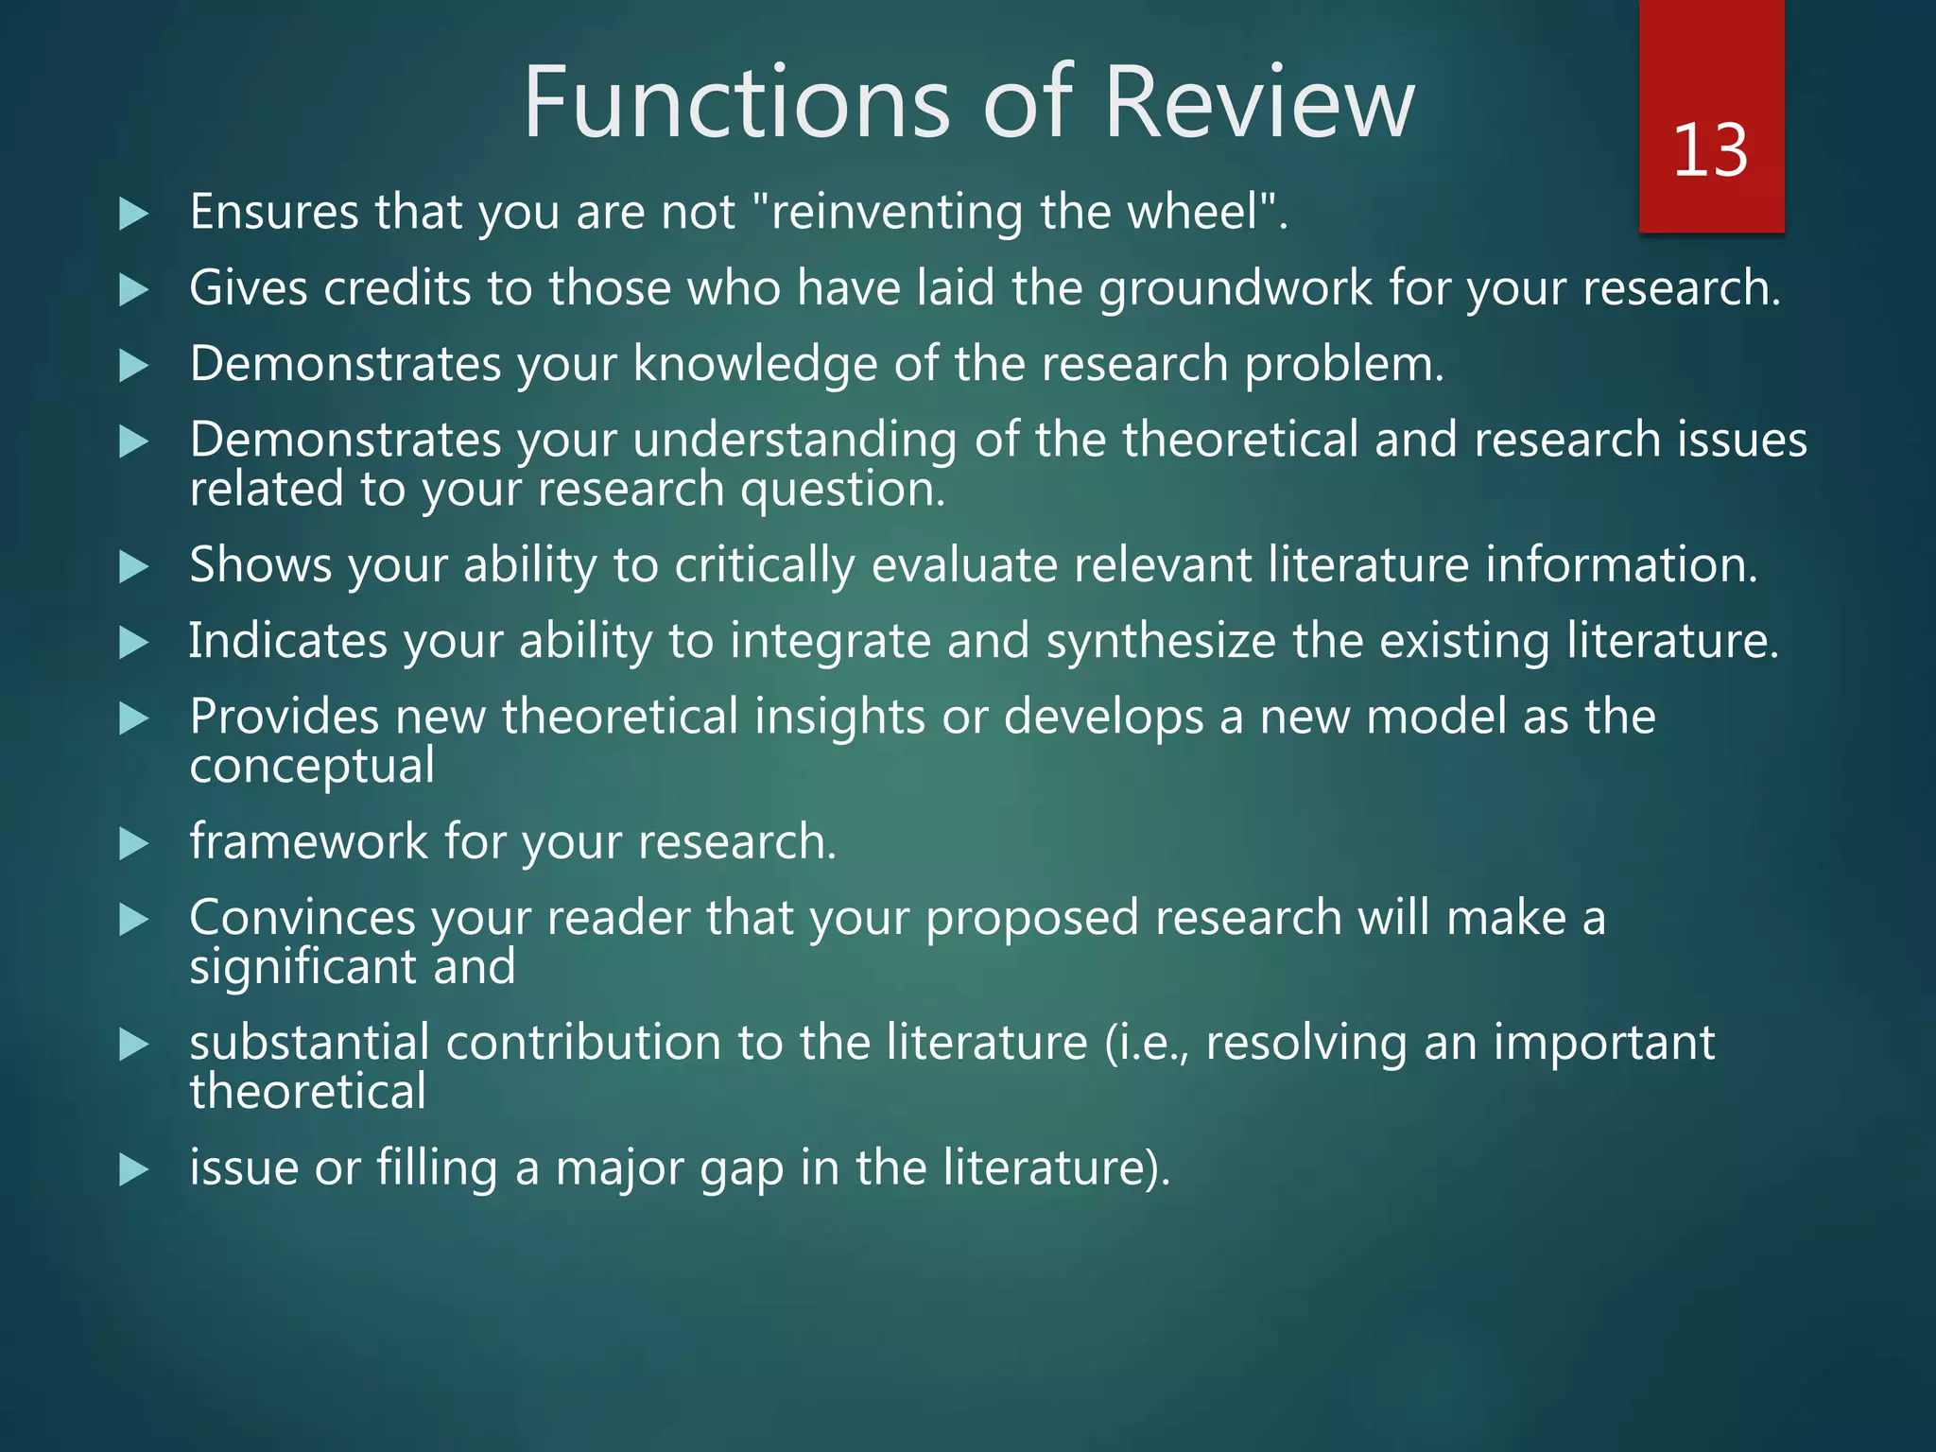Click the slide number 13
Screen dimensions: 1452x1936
point(1710,151)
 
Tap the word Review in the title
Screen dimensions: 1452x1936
point(1258,102)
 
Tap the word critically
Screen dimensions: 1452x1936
point(764,565)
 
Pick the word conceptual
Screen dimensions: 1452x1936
point(312,767)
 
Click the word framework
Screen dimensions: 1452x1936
point(308,841)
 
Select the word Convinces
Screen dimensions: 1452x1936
point(302,918)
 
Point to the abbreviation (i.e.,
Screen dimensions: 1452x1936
point(1146,1044)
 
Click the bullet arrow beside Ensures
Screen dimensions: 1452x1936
point(134,214)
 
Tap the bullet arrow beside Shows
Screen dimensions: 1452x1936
point(134,567)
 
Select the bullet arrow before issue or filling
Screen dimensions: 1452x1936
point(134,1170)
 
